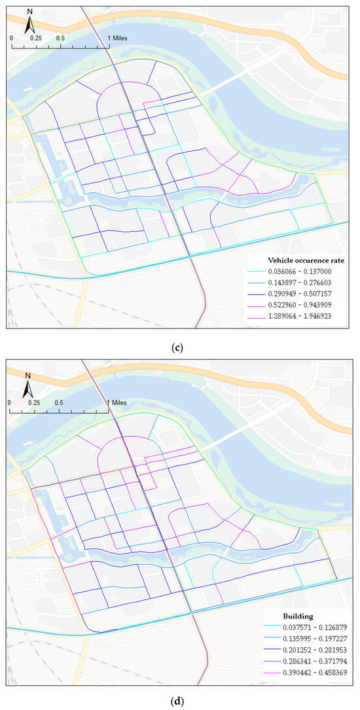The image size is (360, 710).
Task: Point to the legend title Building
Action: coord(279,616)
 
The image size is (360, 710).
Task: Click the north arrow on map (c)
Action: coord(29,22)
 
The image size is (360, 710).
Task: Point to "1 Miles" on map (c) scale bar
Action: coord(118,38)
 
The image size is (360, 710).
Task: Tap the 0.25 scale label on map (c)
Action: coord(35,38)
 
